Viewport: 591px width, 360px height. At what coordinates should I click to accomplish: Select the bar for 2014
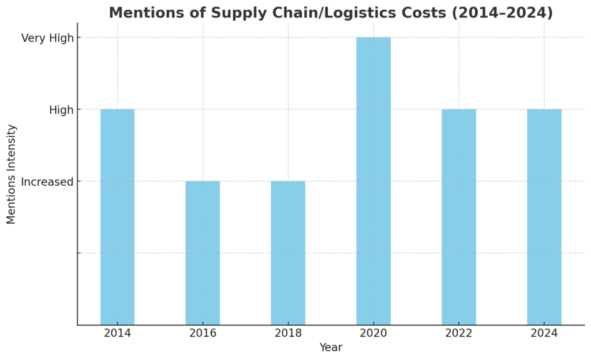coord(117,217)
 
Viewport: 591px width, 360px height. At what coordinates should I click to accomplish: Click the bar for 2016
coord(203,253)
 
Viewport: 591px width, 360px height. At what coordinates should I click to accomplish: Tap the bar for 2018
coord(288,253)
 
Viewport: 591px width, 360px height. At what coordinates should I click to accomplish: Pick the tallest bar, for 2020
coord(373,181)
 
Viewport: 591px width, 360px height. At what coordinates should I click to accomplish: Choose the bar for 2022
coord(459,217)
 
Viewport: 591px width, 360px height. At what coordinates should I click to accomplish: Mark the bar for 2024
coord(544,217)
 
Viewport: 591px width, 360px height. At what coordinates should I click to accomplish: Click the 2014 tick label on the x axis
coord(117,333)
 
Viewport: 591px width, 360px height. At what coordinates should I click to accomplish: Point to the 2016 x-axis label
coord(203,333)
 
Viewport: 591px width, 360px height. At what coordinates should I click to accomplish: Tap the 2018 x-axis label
coord(288,333)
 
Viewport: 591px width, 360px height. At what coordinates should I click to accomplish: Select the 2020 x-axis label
coord(373,333)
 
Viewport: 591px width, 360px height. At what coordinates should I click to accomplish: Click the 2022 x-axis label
coord(459,333)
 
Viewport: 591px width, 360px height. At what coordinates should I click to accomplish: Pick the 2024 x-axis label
coord(544,333)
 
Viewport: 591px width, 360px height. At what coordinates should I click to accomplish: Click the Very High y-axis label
coord(47,38)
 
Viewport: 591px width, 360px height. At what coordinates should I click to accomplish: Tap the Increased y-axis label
coord(47,182)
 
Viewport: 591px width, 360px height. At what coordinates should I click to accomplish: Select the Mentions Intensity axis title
coord(12,174)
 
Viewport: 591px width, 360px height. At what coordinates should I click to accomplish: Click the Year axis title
coord(331,347)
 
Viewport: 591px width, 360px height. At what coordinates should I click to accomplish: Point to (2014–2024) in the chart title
coord(504,13)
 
